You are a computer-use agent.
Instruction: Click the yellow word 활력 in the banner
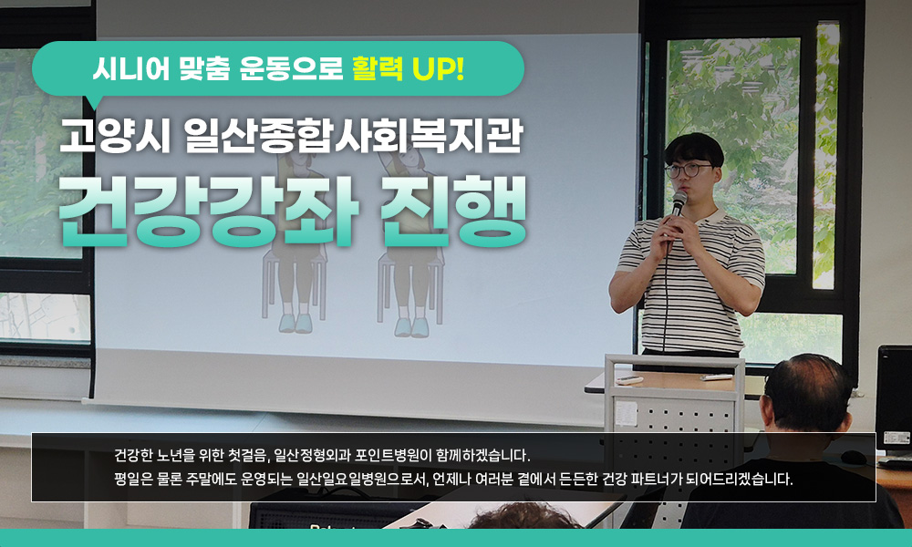pos(378,68)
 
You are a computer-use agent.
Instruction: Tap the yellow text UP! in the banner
pos(438,69)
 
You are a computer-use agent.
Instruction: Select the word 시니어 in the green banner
pos(131,69)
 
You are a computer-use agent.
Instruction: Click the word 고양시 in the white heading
pos(115,136)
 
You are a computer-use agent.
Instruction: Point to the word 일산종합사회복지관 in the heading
pos(354,136)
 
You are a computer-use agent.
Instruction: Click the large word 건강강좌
pos(208,211)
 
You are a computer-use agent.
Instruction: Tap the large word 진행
pos(453,211)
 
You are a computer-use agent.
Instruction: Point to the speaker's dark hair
pos(694,150)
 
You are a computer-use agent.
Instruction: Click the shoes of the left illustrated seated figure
pos(295,324)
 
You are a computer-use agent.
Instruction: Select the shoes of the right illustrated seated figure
pos(412,326)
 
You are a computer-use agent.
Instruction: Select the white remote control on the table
pos(717,377)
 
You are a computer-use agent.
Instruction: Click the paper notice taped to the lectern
pos(627,413)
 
